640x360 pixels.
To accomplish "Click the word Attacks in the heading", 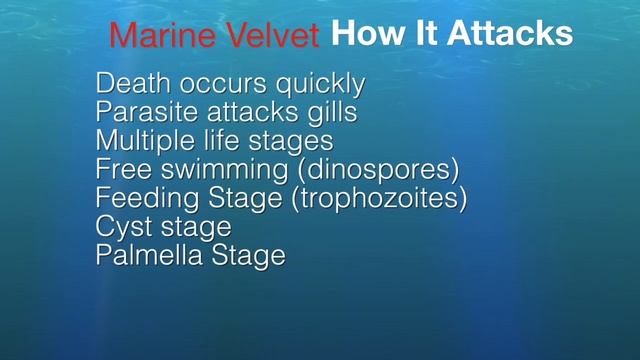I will (510, 34).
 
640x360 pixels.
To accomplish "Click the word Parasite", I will (142, 113).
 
